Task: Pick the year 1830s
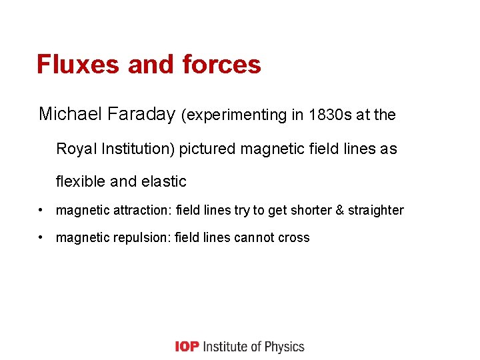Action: pos(333,115)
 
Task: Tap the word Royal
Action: pos(76,148)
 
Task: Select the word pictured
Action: pos(207,148)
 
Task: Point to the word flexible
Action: pos(79,181)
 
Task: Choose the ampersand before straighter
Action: pos(340,210)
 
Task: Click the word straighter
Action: pos(376,210)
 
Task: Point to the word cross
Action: pos(295,237)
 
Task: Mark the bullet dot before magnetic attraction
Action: pos(42,210)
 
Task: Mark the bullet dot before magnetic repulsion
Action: pos(42,237)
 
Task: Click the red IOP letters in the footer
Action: pos(187,347)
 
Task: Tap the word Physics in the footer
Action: pos(283,347)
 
